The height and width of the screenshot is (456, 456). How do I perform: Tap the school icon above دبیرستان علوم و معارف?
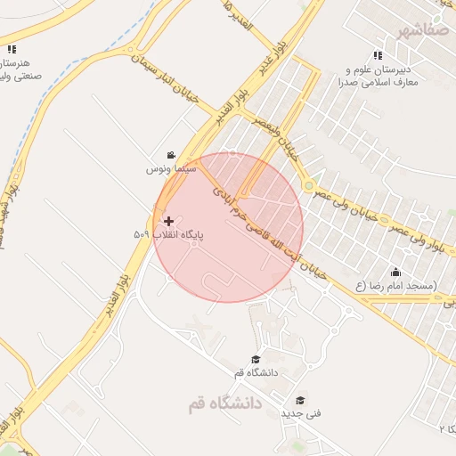378,55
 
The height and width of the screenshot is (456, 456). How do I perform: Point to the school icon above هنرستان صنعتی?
12,49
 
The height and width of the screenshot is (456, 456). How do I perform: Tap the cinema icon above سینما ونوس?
171,155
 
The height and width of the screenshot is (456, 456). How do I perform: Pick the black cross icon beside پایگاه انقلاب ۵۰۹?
168,220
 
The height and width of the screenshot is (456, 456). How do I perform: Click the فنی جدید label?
301,414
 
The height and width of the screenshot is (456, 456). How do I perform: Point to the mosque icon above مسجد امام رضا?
395,272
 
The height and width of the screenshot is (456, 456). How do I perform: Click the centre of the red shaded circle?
228,228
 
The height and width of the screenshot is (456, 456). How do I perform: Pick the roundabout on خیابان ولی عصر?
309,186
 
